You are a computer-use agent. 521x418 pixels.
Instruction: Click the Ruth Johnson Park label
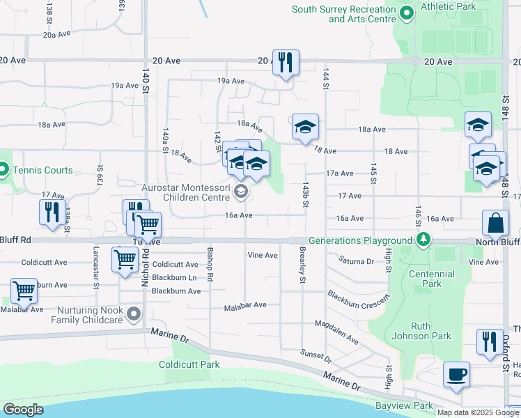(x=430, y=331)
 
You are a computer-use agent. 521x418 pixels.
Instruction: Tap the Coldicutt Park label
(x=189, y=364)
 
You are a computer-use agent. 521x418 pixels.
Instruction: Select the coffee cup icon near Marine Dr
(x=456, y=374)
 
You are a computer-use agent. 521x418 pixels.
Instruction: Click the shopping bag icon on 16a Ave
(x=495, y=224)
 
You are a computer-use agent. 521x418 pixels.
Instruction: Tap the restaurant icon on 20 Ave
(x=286, y=62)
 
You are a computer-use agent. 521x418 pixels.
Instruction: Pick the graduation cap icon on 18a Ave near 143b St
(x=305, y=127)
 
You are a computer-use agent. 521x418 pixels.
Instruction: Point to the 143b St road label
(x=305, y=195)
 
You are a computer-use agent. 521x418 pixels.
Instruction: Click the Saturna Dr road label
(x=357, y=261)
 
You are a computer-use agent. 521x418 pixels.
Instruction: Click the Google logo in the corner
(x=22, y=410)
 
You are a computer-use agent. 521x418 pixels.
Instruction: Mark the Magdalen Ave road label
(x=336, y=333)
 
